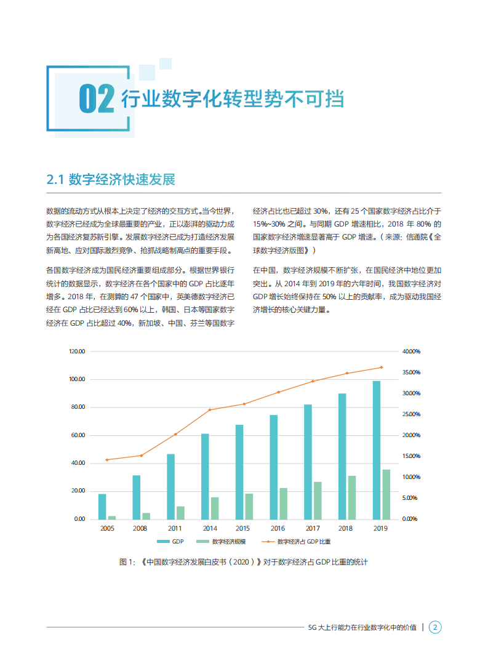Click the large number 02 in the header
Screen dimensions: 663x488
click(97, 99)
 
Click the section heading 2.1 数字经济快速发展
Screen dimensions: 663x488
click(111, 179)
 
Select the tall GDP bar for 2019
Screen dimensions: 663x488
click(377, 449)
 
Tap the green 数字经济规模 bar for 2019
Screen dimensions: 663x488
click(386, 494)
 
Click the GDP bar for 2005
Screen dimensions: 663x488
click(102, 506)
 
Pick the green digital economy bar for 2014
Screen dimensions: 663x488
click(215, 508)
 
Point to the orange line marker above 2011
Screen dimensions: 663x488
click(175, 434)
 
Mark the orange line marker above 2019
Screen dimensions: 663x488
click(381, 367)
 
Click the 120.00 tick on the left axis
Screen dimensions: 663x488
click(78, 352)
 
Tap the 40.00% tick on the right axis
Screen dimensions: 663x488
click(410, 352)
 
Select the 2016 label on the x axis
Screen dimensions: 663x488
click(278, 528)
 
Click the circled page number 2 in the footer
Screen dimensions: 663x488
click(435, 627)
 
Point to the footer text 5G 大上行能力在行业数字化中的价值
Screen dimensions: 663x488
click(362, 627)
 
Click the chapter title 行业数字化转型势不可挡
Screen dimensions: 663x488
click(232, 99)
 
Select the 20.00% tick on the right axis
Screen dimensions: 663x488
click(410, 435)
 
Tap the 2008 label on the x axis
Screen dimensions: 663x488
click(141, 528)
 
